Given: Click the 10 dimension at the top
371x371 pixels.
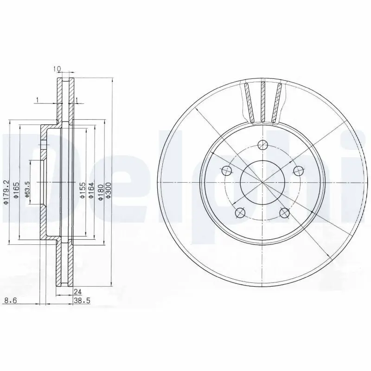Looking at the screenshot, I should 58,69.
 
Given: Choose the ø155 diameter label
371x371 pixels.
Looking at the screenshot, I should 82,190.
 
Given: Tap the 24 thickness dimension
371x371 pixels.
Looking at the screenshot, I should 77,292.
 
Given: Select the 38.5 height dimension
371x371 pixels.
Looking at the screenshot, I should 81,301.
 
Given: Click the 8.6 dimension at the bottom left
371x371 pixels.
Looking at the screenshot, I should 10,301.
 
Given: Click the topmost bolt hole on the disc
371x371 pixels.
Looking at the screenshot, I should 263,144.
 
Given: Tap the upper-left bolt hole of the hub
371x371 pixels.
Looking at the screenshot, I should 227,170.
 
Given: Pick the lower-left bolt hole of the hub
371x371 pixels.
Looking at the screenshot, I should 240,212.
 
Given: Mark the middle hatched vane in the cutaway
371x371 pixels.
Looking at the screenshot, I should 262,102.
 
